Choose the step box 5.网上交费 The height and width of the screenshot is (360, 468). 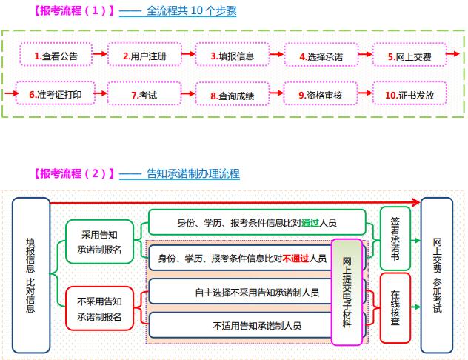[x=408, y=56]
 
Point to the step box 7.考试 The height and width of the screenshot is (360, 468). [x=144, y=95]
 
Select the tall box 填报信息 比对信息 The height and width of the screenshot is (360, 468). [x=30, y=275]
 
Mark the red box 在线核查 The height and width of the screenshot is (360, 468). [x=395, y=308]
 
